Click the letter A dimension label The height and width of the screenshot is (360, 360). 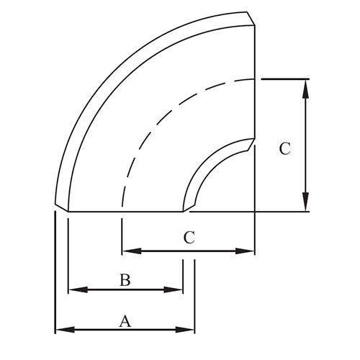click(x=125, y=321)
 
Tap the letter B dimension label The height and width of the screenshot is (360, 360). click(x=125, y=280)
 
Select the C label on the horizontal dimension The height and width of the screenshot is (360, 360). click(x=189, y=238)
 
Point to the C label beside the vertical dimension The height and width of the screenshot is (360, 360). click(x=285, y=148)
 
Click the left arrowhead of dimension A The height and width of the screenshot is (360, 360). click(x=65, y=330)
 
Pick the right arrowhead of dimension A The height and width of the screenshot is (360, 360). click(x=185, y=330)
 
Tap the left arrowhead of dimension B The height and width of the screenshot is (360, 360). click(x=78, y=289)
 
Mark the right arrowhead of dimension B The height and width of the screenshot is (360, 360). click(x=173, y=289)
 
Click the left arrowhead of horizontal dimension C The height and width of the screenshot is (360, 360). click(x=132, y=251)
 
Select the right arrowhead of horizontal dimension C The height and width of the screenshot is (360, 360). click(x=245, y=251)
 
